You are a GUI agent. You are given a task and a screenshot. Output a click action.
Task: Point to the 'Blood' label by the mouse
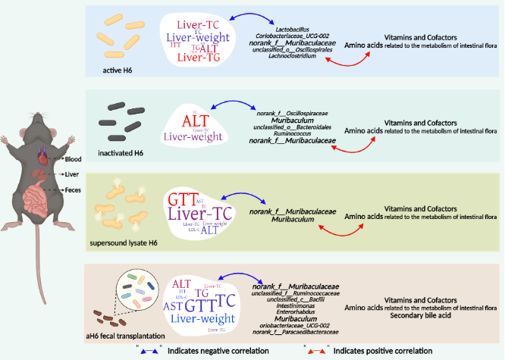click(x=74, y=159)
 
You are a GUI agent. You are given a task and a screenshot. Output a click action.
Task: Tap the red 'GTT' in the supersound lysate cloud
click(x=183, y=200)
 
